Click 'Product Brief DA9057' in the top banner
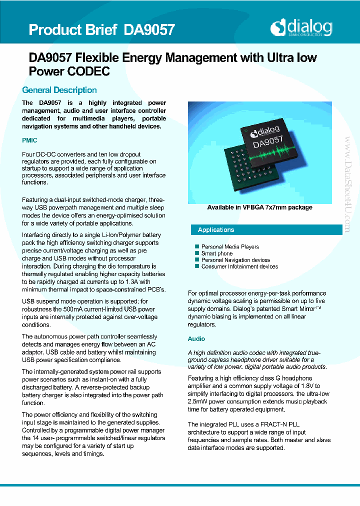pyautogui.click(x=101, y=30)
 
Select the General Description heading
pyautogui.click(x=59, y=90)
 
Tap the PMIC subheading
pyautogui.click(x=29, y=140)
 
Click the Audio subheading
pyautogui.click(x=196, y=339)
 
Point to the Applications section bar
pyautogui.click(x=265, y=230)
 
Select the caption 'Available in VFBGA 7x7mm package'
pyautogui.click(x=259, y=207)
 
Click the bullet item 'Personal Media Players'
pyautogui.click(x=230, y=246)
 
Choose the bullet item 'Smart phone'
pyautogui.click(x=217, y=253)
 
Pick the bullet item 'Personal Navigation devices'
pyautogui.click(x=235, y=260)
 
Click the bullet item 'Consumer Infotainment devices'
pyautogui.click(x=239, y=266)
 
